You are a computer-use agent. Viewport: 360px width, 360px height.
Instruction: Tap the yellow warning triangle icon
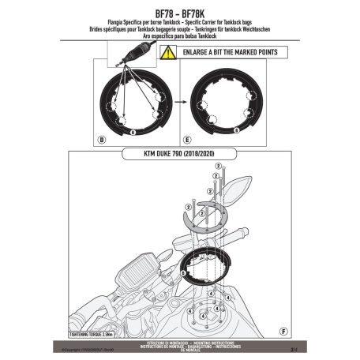click(168, 53)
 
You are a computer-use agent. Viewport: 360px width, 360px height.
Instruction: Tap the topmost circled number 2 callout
click(216, 166)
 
